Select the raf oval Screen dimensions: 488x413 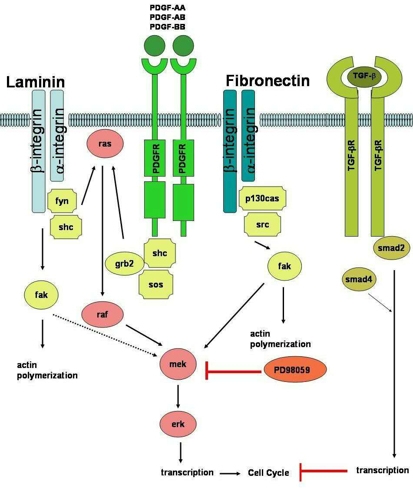tap(102, 314)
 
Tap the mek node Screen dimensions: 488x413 tap(178, 364)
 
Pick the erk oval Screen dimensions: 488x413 tap(178, 423)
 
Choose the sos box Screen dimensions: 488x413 tap(156, 284)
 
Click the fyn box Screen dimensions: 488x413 tap(64, 201)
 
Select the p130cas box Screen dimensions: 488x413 tap(262, 199)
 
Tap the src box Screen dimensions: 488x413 tap(262, 225)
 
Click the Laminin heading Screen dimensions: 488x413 tap(36, 81)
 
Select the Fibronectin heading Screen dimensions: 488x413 tap(268, 80)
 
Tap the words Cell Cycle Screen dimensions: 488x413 tap(268, 472)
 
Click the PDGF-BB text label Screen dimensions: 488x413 tap(168, 27)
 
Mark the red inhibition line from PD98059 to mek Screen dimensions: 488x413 tap(235, 371)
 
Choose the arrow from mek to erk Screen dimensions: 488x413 tap(178, 396)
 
